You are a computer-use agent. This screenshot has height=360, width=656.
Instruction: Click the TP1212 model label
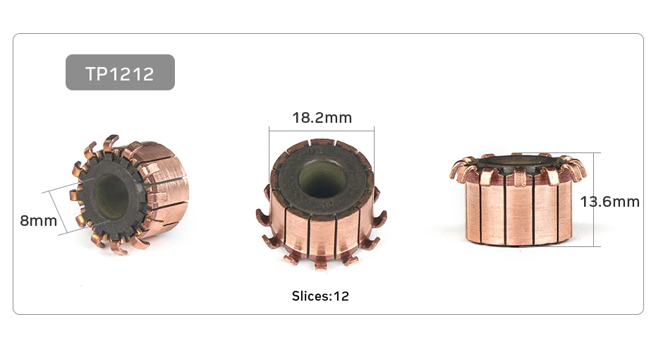[x=120, y=73]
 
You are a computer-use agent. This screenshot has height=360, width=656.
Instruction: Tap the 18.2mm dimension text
[x=322, y=118]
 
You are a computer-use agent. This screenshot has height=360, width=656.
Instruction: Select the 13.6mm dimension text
[x=609, y=202]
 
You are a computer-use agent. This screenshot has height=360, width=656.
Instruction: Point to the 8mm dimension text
[x=38, y=221]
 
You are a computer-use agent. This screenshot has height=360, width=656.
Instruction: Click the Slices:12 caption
[x=320, y=296]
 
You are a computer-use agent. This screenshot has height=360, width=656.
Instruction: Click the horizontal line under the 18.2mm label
[x=322, y=131]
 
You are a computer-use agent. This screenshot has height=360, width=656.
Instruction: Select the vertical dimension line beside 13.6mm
[x=594, y=200]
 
